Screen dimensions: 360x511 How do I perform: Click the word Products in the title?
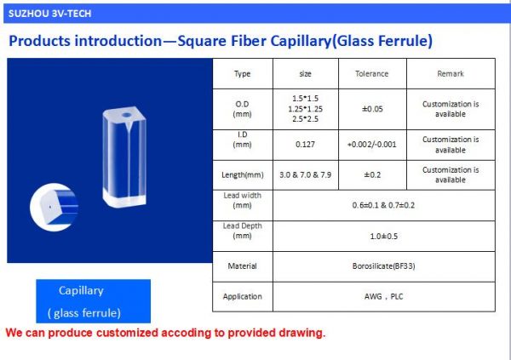(x=43, y=41)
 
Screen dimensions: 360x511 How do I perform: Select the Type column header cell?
(x=242, y=73)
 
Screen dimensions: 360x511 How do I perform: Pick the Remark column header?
(x=451, y=73)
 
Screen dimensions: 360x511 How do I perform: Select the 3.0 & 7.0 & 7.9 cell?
(x=305, y=175)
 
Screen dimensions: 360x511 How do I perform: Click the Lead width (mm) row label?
(x=242, y=201)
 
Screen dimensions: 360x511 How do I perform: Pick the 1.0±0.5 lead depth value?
(x=383, y=236)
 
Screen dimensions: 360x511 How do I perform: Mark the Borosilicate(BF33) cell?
(x=383, y=266)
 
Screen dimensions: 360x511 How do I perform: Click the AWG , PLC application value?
(x=383, y=296)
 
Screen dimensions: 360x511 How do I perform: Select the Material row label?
(x=242, y=266)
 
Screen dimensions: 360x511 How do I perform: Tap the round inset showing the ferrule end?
(x=54, y=207)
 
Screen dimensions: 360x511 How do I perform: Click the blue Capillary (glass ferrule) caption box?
(x=93, y=301)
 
